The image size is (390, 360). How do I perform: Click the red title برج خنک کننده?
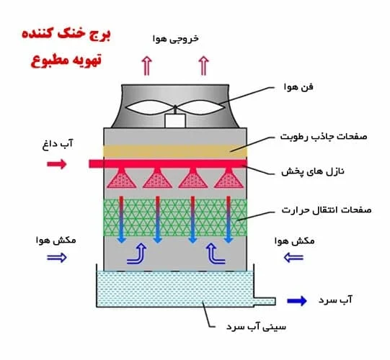[x=66, y=35]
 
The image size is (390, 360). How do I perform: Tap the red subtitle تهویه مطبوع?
[x=66, y=60]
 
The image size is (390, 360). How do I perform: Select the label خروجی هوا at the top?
[x=176, y=39]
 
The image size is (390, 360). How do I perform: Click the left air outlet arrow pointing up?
[x=147, y=66]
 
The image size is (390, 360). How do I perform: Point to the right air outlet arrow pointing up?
[x=204, y=66]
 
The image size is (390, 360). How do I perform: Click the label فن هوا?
[x=298, y=87]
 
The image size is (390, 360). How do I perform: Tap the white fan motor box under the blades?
[x=175, y=121]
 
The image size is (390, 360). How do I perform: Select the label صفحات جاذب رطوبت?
[x=324, y=136]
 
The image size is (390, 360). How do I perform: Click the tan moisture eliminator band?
[x=175, y=151]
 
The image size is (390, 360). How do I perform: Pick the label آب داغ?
[x=58, y=144]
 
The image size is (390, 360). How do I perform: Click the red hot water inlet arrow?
[x=57, y=164]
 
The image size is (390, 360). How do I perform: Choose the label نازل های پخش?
[x=313, y=171]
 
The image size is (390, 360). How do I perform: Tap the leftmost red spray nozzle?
[x=122, y=178]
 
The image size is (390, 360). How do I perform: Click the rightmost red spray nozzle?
[x=229, y=178]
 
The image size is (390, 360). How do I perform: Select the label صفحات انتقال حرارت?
[x=327, y=210]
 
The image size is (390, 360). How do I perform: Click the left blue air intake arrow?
[x=57, y=258]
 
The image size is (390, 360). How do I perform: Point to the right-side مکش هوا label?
[x=295, y=241]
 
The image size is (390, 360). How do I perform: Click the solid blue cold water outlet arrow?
[x=297, y=301]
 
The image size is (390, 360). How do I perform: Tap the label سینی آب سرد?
[x=256, y=326]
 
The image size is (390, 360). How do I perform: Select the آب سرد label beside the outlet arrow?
[x=335, y=300]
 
